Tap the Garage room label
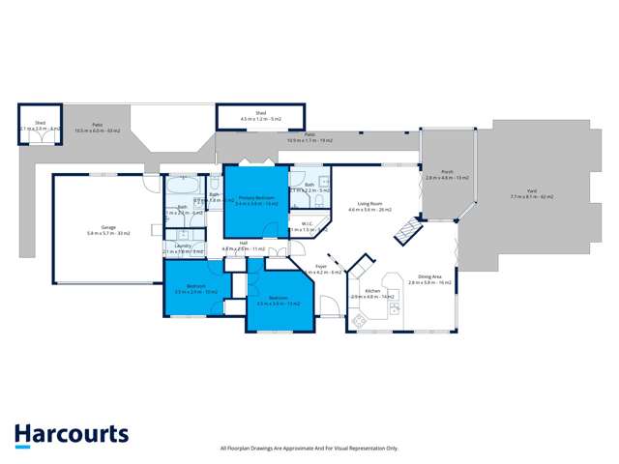[x=108, y=230]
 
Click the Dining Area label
[x=429, y=278]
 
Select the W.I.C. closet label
[x=303, y=226]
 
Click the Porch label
[x=447, y=175]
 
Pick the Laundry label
[x=183, y=248]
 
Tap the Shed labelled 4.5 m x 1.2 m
[x=260, y=116]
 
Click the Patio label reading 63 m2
[x=98, y=127]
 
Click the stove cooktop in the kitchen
[x=396, y=310]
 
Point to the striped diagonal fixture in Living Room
[x=406, y=230]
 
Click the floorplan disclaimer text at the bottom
[x=309, y=448]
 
